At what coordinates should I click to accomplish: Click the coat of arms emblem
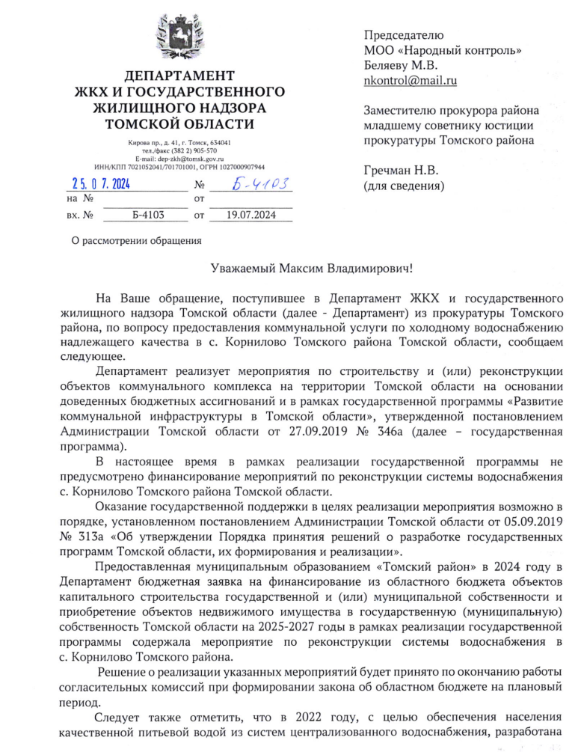pyautogui.click(x=179, y=38)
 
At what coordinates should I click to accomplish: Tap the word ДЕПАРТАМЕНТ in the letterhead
pyautogui.click(x=179, y=76)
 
